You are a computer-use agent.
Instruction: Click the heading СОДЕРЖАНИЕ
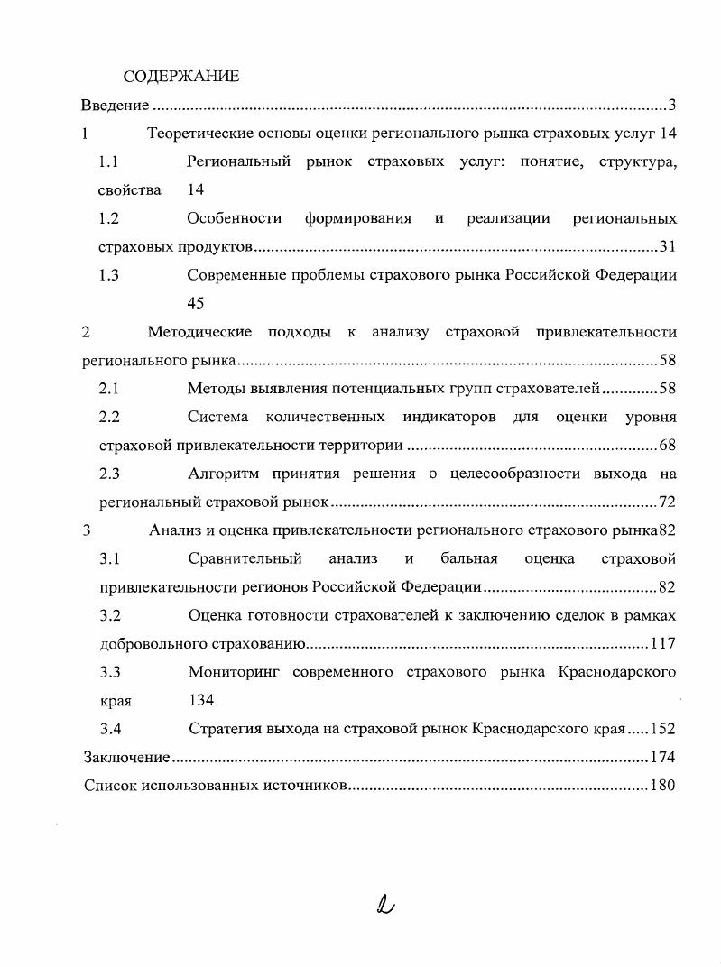tap(180, 76)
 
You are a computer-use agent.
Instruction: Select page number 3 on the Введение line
tap(672, 106)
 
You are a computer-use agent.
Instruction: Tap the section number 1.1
tap(109, 162)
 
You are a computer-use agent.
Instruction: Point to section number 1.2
tap(109, 218)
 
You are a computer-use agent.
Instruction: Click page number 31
tap(668, 247)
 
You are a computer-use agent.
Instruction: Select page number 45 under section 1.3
tap(196, 304)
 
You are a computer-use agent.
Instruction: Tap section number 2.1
tap(109, 389)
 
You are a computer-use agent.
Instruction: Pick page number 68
tap(668, 446)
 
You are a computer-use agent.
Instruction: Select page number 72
tap(668, 502)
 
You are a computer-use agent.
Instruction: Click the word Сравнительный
tap(245, 558)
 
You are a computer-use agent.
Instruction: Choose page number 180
tap(663, 786)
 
